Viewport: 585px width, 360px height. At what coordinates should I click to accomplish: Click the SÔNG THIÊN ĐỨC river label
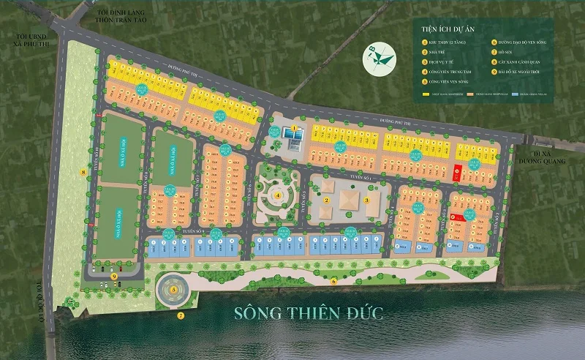[309, 314]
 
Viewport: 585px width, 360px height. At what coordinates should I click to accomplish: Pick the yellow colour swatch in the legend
[426, 94]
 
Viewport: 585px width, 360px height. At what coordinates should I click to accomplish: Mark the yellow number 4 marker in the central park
[277, 195]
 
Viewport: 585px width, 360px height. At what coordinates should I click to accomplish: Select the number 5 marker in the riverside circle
[173, 290]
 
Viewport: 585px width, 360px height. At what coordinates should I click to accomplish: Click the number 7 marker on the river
[180, 316]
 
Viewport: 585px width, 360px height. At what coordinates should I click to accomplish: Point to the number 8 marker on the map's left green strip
[83, 173]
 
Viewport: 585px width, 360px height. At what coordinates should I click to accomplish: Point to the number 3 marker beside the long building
[367, 200]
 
